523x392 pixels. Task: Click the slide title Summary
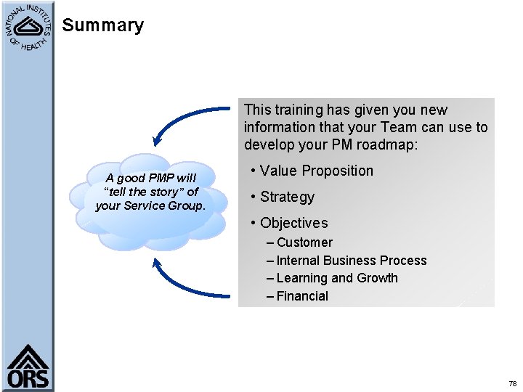[x=102, y=25]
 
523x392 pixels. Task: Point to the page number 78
[x=512, y=383]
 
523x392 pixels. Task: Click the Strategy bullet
[x=287, y=197]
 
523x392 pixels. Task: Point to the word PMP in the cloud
[x=159, y=179]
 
